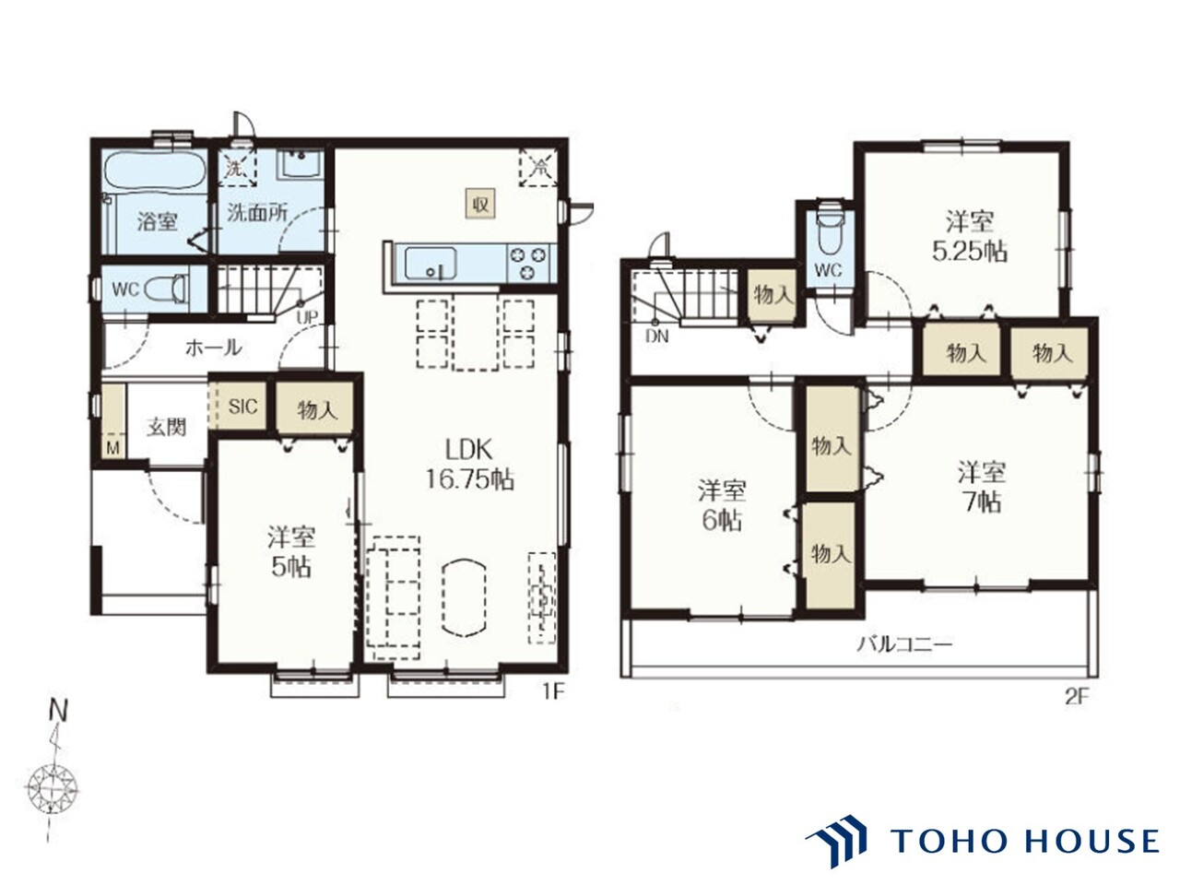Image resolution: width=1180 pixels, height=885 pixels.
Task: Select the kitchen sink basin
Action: [431, 264]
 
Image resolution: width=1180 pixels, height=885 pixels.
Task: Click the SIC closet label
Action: [243, 407]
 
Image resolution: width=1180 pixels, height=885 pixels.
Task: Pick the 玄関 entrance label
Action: [167, 428]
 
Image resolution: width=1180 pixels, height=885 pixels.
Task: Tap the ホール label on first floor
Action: [214, 348]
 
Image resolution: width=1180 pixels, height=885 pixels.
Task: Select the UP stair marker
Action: [308, 316]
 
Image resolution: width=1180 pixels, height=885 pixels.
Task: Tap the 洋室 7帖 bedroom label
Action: [982, 487]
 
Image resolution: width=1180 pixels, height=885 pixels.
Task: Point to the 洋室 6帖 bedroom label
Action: [722, 505]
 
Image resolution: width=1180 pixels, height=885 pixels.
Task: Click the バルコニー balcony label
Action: [904, 643]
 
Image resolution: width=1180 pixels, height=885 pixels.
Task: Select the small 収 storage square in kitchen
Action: [480, 204]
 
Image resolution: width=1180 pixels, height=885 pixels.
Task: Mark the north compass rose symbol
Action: [52, 791]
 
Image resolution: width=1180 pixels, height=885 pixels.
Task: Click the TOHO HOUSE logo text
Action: [1024, 841]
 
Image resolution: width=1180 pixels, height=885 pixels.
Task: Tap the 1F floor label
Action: [553, 692]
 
